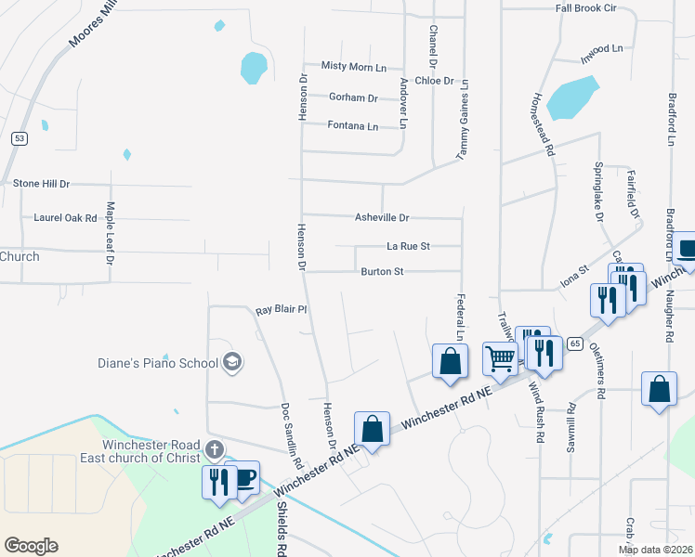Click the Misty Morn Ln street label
click(353, 66)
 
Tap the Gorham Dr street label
click(353, 97)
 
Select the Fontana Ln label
click(353, 126)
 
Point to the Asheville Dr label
click(382, 217)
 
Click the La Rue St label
click(408, 246)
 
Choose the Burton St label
click(382, 272)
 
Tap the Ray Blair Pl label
click(281, 309)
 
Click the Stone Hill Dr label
click(41, 184)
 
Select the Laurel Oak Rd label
click(65, 218)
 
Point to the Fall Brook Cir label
click(586, 7)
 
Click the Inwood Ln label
click(601, 48)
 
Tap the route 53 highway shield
click(19, 138)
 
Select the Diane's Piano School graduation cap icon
click(232, 362)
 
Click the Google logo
click(31, 546)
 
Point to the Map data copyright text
click(655, 550)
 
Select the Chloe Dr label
click(435, 81)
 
